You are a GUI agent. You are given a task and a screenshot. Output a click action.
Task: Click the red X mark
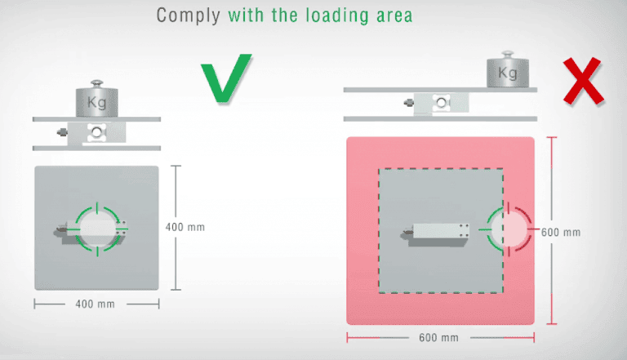click(584, 81)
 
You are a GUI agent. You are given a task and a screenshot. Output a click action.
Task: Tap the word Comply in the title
click(188, 16)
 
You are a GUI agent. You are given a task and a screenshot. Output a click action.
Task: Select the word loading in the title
click(337, 16)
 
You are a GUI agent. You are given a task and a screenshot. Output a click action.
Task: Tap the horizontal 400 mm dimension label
click(96, 304)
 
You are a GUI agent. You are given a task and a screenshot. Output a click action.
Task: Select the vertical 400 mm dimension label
click(185, 227)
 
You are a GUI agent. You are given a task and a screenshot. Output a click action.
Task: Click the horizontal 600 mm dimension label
click(438, 338)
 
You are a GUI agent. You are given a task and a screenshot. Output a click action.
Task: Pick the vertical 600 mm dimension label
click(561, 233)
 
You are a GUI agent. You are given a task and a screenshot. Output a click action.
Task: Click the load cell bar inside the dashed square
click(439, 234)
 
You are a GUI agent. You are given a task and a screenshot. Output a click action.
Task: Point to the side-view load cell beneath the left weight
click(96, 133)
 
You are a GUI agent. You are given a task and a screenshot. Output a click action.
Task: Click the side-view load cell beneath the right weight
click(441, 103)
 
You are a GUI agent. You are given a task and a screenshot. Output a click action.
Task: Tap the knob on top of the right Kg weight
click(508, 55)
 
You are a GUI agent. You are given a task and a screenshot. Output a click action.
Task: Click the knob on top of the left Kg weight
click(97, 83)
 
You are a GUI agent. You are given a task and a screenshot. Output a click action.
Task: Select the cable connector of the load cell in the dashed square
click(407, 232)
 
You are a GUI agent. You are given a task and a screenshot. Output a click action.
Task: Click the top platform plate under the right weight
click(440, 90)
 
